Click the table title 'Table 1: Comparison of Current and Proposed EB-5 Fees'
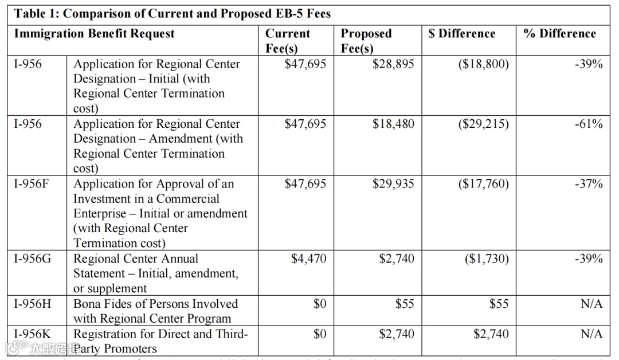(x=172, y=13)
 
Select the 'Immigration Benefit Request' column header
(x=95, y=34)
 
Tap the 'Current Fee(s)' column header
(x=288, y=41)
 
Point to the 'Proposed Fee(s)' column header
(x=366, y=41)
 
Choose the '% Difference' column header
(x=559, y=34)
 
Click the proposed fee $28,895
(x=393, y=64)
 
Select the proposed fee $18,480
(x=393, y=124)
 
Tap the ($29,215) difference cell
(x=483, y=124)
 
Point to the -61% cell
(x=589, y=124)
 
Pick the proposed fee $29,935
(x=393, y=184)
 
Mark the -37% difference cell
(x=589, y=184)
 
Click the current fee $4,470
(x=308, y=259)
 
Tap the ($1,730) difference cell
(x=486, y=259)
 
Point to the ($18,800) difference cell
(x=483, y=64)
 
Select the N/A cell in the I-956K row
(x=591, y=334)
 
